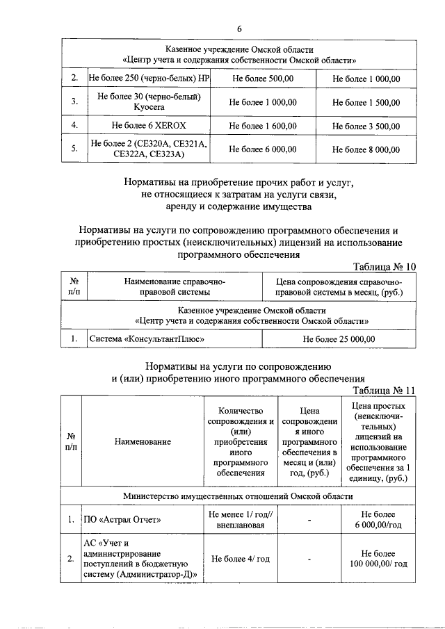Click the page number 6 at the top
(239, 28)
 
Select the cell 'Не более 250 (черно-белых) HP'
(149, 79)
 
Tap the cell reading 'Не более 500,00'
(262, 79)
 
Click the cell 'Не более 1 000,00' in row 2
(366, 79)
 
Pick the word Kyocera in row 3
(149, 108)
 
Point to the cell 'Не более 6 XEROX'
(149, 126)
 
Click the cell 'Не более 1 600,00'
(262, 126)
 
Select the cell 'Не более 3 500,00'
(366, 126)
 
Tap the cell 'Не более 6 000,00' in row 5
(262, 149)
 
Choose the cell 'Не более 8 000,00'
(366, 149)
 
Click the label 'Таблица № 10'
(385, 267)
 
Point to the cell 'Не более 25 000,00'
(339, 339)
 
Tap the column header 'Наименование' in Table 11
(143, 442)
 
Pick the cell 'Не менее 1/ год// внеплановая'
(240, 519)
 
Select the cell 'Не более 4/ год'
(240, 559)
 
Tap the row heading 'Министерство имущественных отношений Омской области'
(238, 496)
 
